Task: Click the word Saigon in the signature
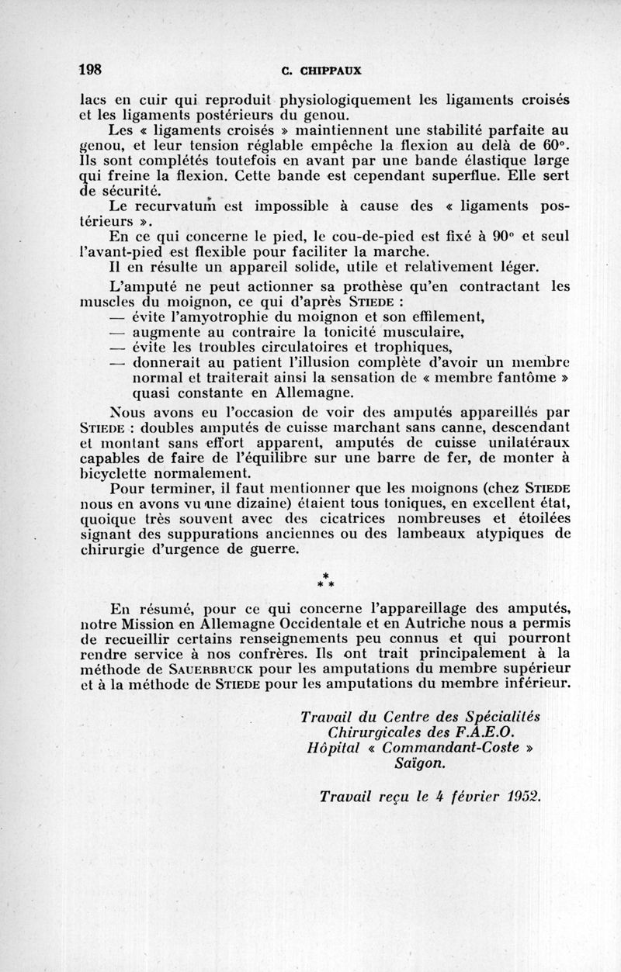click(420, 763)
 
